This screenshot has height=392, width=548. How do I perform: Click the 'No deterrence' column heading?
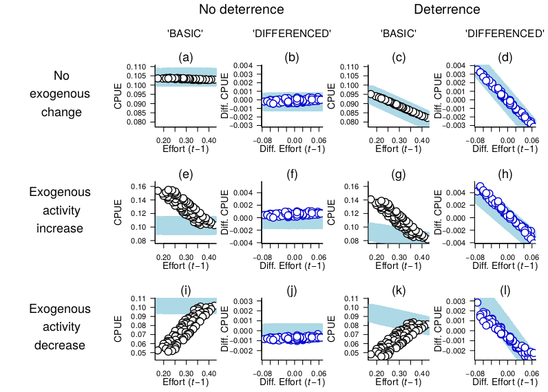click(242, 10)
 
